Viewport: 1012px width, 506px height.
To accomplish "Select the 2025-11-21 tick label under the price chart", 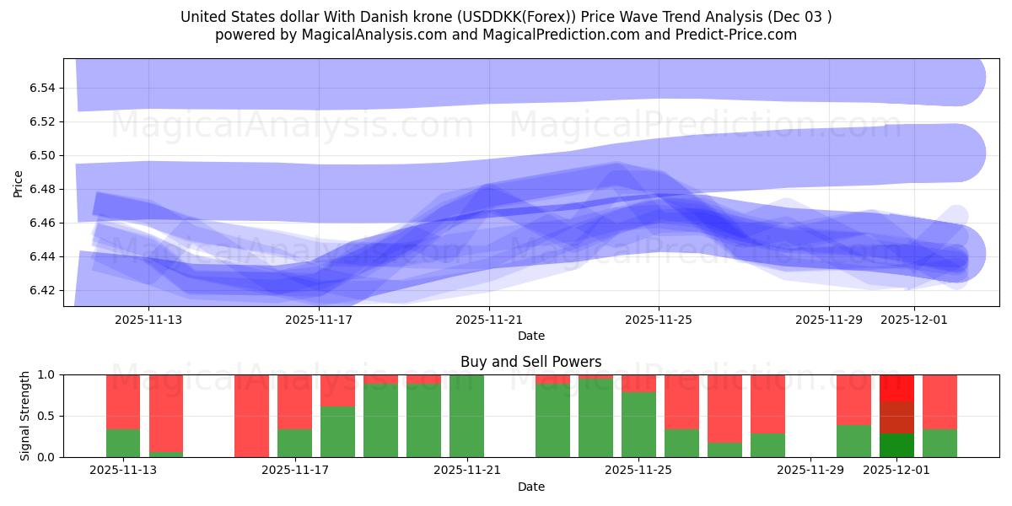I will (x=489, y=320).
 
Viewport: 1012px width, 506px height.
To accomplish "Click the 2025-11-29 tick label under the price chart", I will (x=829, y=320).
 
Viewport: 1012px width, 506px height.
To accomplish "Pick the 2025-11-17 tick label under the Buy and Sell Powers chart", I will (x=295, y=471).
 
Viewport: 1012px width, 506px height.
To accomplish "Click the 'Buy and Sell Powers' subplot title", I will (x=530, y=362).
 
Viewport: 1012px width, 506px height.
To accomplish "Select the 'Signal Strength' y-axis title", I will (x=25, y=416).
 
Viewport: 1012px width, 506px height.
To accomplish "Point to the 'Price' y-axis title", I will (x=19, y=183).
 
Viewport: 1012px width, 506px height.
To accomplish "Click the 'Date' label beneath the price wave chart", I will (x=530, y=336).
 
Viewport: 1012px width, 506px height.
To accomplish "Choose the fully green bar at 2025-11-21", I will (x=466, y=416).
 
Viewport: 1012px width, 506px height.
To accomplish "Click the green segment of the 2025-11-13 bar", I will (x=123, y=443).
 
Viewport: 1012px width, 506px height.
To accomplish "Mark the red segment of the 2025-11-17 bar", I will (x=294, y=401).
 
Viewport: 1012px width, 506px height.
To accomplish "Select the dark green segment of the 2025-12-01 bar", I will (x=896, y=445).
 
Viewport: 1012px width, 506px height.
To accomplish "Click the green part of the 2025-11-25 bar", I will (x=638, y=424).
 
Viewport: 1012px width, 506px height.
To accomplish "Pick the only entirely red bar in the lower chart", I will (x=251, y=416).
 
